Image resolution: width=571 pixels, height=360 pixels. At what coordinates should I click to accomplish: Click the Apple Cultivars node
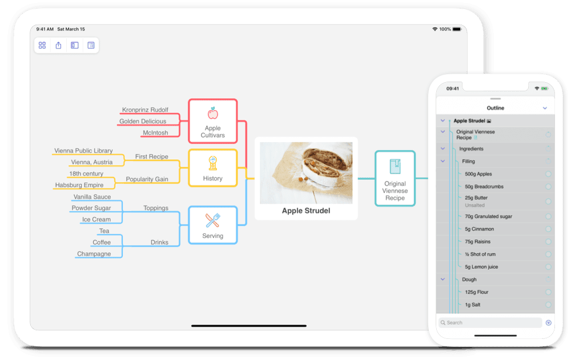point(212,121)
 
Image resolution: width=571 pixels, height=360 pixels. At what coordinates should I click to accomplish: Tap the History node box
point(212,168)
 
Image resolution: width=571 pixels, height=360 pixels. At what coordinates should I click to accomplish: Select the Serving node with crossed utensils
point(212,225)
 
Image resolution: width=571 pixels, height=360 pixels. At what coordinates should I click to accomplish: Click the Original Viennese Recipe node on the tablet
point(395,179)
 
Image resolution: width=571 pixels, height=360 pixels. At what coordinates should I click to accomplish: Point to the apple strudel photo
point(306,172)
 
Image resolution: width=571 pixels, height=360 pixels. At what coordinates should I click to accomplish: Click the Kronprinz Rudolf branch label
point(145,110)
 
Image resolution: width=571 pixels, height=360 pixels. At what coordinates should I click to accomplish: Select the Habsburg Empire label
point(79,185)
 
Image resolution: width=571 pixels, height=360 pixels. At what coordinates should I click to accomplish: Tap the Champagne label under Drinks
point(94,254)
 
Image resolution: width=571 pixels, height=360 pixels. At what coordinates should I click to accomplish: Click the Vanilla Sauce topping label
point(92,197)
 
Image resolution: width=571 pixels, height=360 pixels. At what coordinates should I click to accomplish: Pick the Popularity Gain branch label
point(147,179)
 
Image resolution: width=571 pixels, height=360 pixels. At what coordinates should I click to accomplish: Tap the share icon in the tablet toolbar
point(58,45)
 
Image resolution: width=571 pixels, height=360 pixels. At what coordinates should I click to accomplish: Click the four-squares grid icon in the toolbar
point(42,45)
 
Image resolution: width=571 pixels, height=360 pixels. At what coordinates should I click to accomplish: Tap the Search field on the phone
point(490,322)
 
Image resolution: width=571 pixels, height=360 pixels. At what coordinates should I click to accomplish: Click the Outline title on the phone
point(495,108)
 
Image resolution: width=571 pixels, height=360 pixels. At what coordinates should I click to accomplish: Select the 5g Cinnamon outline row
point(479,229)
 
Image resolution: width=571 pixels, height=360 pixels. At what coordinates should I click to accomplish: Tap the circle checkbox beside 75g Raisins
point(548,242)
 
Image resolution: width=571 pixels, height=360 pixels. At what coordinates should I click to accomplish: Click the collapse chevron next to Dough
point(443,279)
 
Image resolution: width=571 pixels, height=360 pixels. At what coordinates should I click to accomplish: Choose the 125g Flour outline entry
point(477,292)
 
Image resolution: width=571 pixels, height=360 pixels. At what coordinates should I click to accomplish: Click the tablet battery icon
point(457,29)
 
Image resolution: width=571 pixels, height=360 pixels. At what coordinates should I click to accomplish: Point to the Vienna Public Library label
point(83,151)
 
